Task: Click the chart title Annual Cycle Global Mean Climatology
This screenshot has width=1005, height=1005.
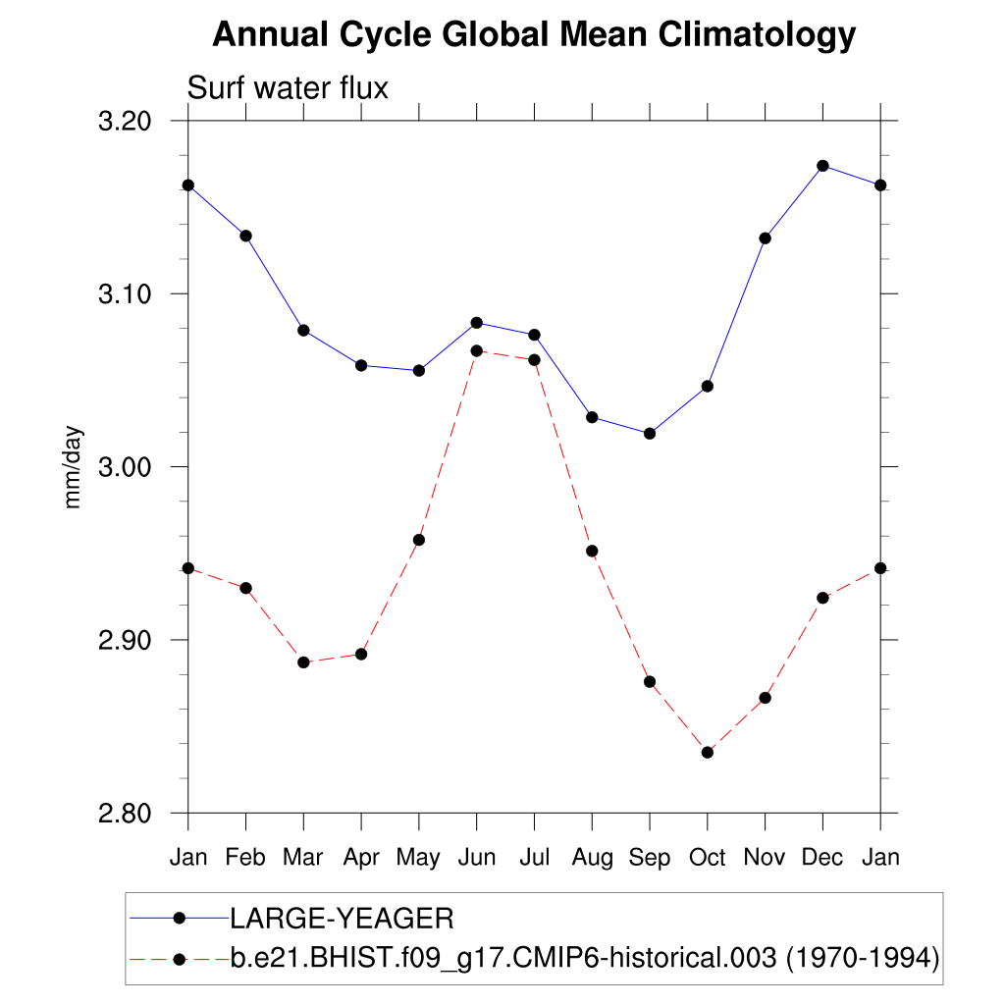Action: [x=534, y=35]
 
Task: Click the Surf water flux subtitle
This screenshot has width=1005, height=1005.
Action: [x=288, y=88]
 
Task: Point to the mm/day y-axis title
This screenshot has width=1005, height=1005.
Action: [x=74, y=467]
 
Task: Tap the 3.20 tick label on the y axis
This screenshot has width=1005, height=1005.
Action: [x=134, y=122]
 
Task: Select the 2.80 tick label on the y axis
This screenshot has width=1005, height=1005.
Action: [x=134, y=814]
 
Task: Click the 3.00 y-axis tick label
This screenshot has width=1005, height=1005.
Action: [x=134, y=467]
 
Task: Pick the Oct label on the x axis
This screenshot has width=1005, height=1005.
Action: [x=707, y=858]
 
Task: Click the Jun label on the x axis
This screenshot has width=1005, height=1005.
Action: [x=476, y=858]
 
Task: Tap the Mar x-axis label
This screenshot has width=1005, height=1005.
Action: [x=302, y=858]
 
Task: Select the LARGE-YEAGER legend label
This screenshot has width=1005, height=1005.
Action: [x=341, y=919]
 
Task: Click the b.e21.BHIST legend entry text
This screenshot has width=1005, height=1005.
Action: [x=585, y=957]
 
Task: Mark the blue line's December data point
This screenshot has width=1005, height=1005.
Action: [x=822, y=166]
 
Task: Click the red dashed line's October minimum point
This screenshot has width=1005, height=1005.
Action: [x=708, y=752]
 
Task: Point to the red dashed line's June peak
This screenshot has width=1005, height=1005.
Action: [x=476, y=350]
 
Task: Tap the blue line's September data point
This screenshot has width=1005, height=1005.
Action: [x=650, y=433]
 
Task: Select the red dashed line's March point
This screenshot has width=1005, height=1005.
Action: [x=303, y=662]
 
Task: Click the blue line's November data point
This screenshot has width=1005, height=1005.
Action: [x=766, y=238]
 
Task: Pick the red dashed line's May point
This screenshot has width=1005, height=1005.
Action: [x=419, y=540]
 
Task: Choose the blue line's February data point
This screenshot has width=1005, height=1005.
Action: [x=245, y=236]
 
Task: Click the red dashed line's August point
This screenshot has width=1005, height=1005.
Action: [x=592, y=551]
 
